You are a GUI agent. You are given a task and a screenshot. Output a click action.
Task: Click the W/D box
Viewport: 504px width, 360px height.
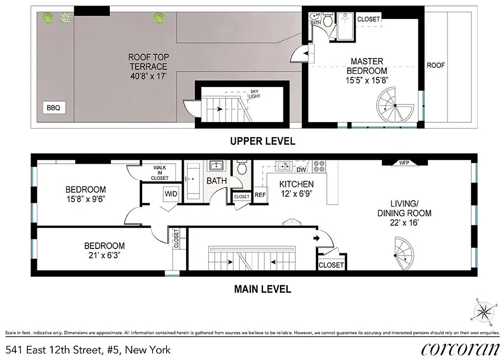[x=171, y=194]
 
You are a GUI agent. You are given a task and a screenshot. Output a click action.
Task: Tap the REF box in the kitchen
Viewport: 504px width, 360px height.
[x=260, y=195]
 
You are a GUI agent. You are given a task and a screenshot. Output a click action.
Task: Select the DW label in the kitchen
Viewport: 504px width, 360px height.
[x=301, y=170]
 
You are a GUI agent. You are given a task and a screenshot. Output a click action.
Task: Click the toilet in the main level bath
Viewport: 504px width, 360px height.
[x=242, y=168]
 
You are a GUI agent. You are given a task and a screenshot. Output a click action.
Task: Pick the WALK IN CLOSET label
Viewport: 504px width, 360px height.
[x=160, y=173]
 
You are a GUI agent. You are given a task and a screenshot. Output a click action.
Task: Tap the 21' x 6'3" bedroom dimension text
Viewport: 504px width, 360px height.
[x=104, y=255]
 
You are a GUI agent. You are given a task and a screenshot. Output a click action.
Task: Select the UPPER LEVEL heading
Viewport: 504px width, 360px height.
[x=262, y=141]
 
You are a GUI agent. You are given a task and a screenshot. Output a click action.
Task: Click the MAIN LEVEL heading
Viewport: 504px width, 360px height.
[x=262, y=289]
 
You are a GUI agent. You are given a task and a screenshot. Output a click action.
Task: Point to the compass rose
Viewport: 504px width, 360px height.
[x=485, y=310]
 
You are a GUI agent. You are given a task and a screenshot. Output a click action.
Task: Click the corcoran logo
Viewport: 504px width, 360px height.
[x=460, y=349]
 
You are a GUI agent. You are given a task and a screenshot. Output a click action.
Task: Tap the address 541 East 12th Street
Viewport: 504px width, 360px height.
[x=88, y=349]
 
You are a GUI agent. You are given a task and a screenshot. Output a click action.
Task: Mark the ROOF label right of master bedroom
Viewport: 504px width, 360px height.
[x=436, y=65]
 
